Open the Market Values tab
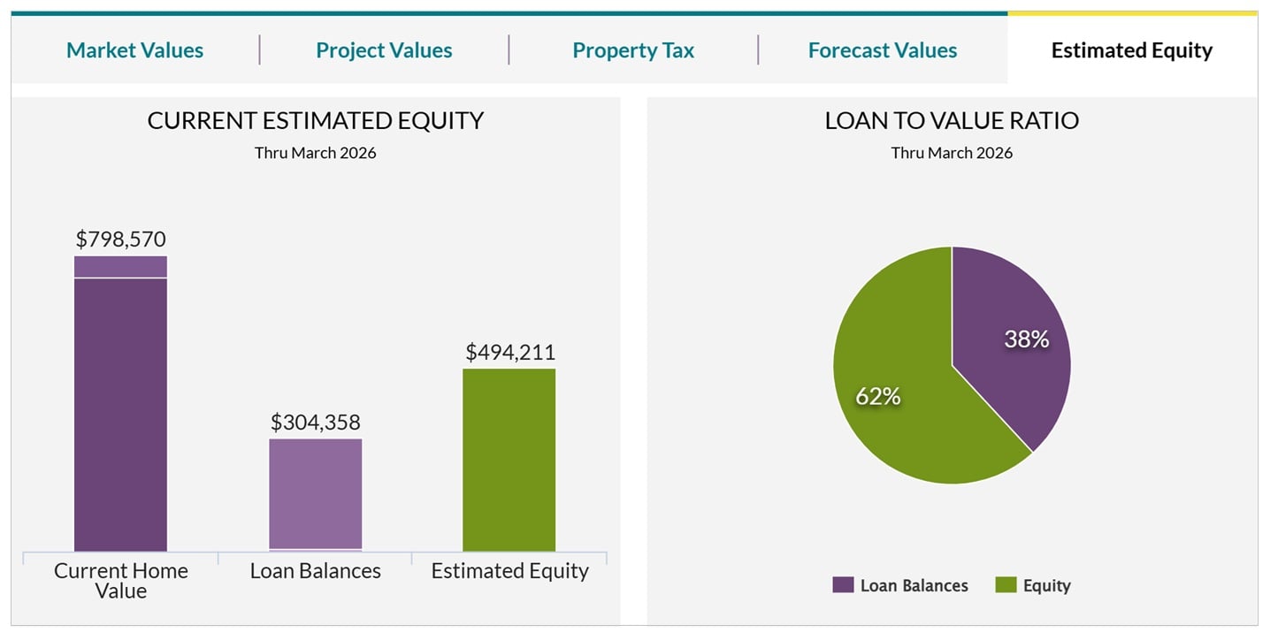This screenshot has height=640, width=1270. [x=134, y=50]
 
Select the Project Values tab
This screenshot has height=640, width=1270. [x=384, y=50]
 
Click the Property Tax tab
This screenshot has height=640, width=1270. [x=633, y=50]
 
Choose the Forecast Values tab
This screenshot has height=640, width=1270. [x=883, y=50]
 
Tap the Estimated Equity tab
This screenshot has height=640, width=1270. [x=1132, y=50]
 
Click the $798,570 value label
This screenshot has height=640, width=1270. [x=120, y=239]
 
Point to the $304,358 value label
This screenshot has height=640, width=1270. [x=316, y=423]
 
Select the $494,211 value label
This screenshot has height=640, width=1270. [x=510, y=352]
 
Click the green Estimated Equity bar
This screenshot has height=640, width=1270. [x=509, y=460]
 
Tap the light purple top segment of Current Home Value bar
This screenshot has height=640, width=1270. [x=120, y=267]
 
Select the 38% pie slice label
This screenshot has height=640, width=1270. [x=1027, y=339]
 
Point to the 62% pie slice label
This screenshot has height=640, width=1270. [x=877, y=397]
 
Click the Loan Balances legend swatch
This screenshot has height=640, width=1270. [x=844, y=585]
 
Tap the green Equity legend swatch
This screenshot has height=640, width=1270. [x=1006, y=585]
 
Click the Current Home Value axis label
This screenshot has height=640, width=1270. [x=120, y=581]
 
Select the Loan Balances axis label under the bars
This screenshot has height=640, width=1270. [x=316, y=571]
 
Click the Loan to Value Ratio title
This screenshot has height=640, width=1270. [x=952, y=121]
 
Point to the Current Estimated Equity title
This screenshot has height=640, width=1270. [x=316, y=121]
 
